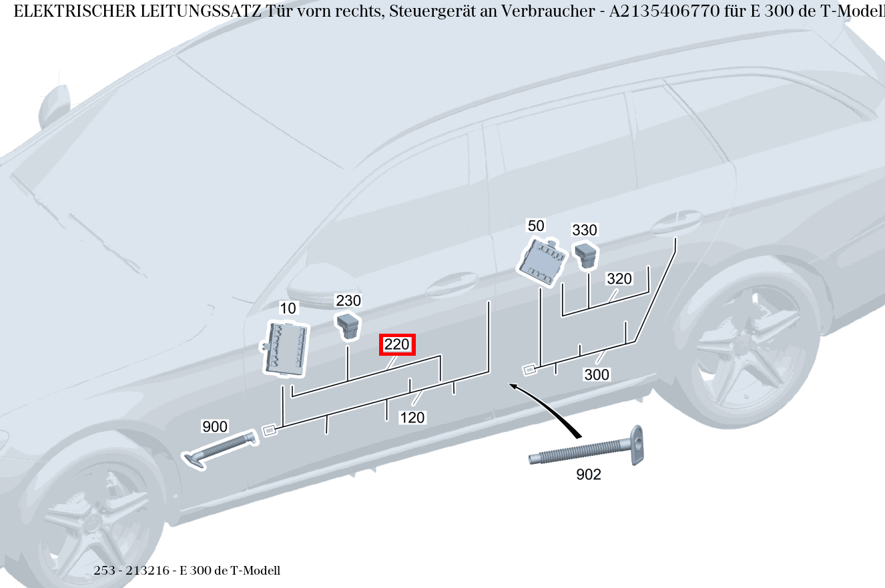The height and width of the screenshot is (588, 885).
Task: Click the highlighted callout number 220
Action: point(397,345)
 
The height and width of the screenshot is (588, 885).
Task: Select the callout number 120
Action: point(412,418)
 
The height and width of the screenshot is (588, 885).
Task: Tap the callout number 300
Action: point(596,374)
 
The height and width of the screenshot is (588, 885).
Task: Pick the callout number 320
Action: point(619,279)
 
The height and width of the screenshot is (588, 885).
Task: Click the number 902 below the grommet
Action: point(588,475)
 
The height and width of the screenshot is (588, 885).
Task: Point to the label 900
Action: point(214,426)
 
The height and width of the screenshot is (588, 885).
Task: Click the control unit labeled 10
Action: point(286,348)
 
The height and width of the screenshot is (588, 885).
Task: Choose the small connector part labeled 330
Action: point(585,254)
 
